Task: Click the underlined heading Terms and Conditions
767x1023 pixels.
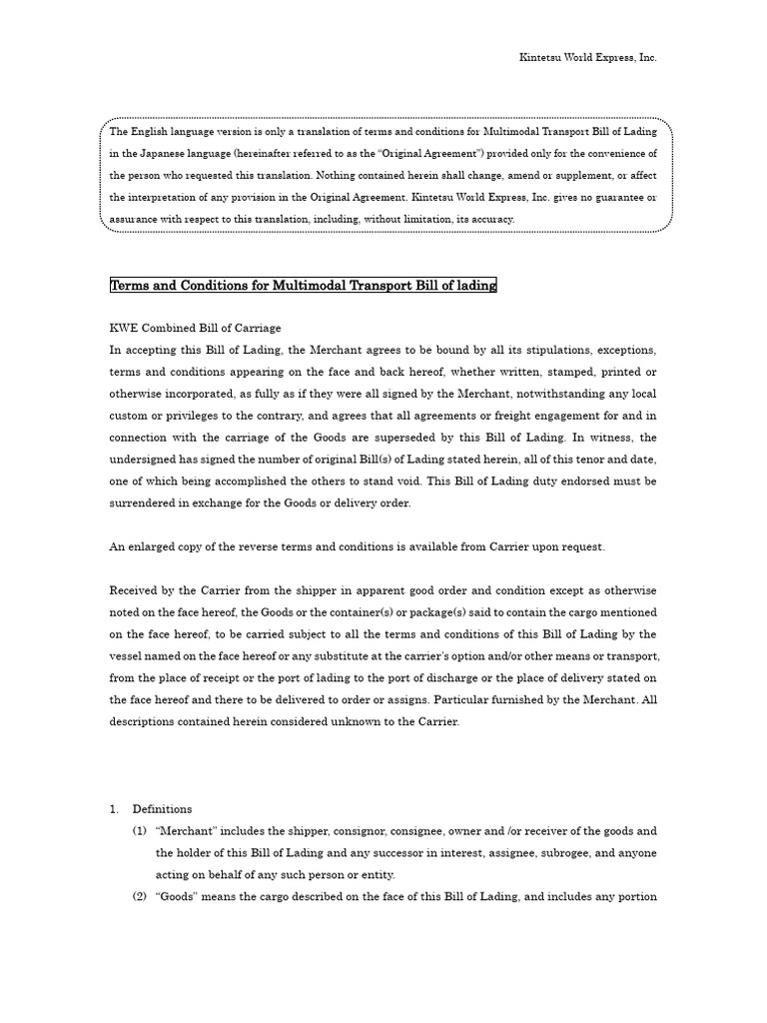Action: [x=303, y=287]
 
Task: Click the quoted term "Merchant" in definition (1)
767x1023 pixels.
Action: [x=185, y=831]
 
